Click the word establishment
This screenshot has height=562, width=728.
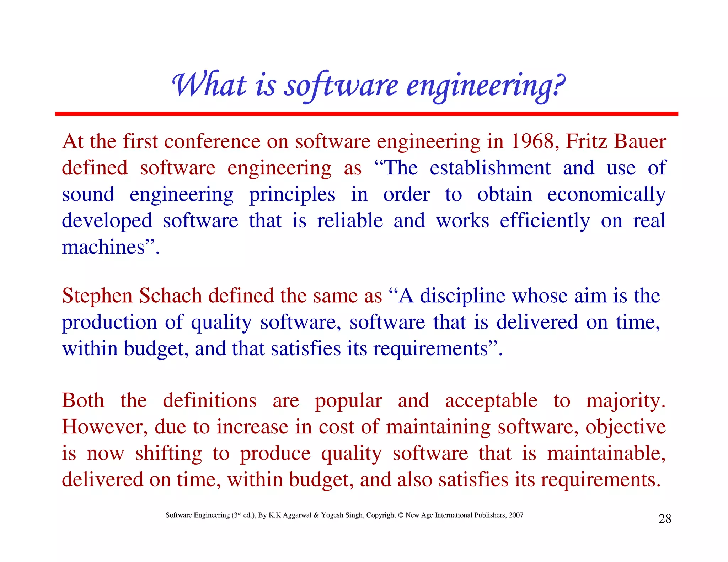coord(490,168)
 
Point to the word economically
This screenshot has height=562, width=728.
coord(606,195)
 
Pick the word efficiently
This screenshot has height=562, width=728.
coord(545,221)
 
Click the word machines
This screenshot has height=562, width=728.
coord(103,247)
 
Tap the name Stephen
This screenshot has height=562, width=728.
coord(97,296)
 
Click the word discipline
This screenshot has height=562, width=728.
coord(462,296)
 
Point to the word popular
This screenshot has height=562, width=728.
coord(348,401)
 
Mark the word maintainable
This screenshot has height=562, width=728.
coord(606,453)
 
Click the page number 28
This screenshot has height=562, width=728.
coord(665,519)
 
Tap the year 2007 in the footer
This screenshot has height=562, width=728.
coord(516,515)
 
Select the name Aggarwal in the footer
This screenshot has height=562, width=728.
coord(297,515)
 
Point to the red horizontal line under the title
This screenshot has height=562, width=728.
coord(366,114)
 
